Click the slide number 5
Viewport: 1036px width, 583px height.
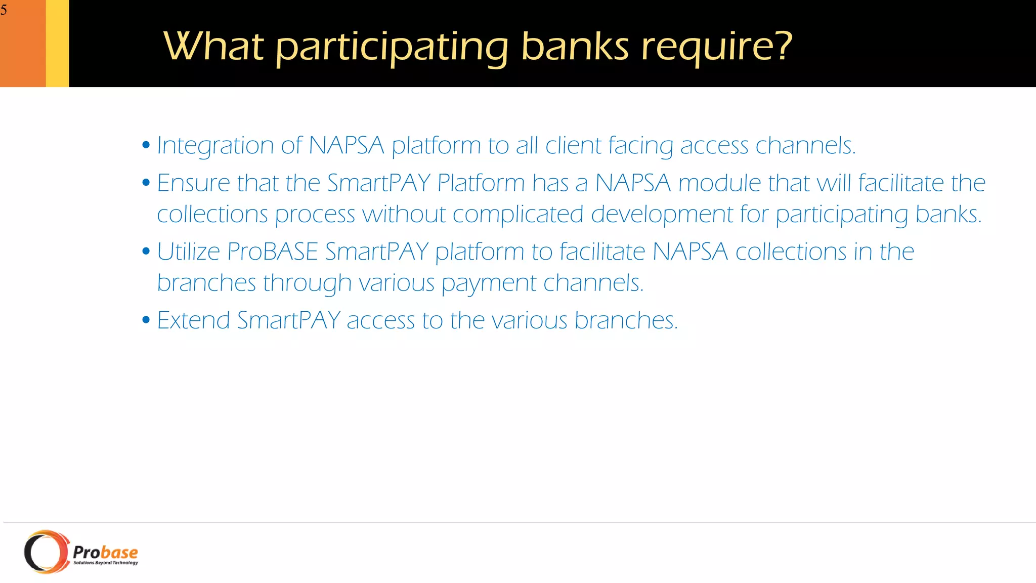pyautogui.click(x=4, y=10)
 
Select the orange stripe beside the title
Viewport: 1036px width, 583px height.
pyautogui.click(x=23, y=44)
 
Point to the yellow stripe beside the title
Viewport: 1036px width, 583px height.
pyautogui.click(x=57, y=44)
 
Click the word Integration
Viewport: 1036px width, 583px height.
pyautogui.click(x=215, y=146)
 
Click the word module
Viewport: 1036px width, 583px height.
pyautogui.click(x=719, y=183)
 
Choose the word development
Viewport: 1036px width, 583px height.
pyautogui.click(x=662, y=215)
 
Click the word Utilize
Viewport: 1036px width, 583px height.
pyautogui.click(x=188, y=252)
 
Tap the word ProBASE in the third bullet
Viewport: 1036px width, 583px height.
pyautogui.click(x=273, y=252)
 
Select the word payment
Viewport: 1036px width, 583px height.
pyautogui.click(x=489, y=283)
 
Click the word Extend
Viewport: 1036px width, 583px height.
pyautogui.click(x=193, y=320)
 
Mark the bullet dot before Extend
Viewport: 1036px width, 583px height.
pyautogui.click(x=146, y=320)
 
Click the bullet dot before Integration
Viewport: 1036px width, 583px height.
pyautogui.click(x=146, y=145)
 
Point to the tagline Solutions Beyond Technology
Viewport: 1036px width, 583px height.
pyautogui.click(x=106, y=563)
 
